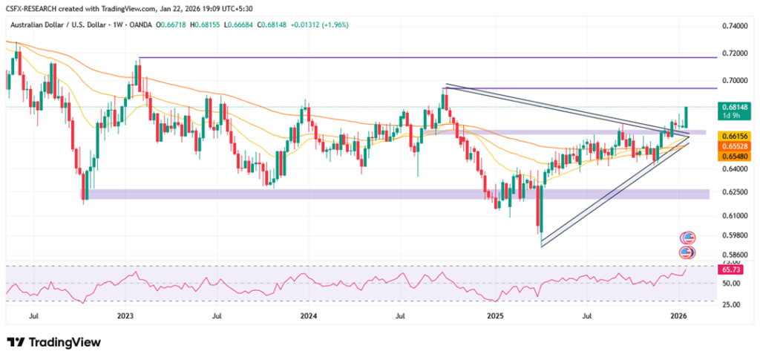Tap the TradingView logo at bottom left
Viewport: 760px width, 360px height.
53,342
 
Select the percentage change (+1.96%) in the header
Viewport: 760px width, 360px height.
333,24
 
